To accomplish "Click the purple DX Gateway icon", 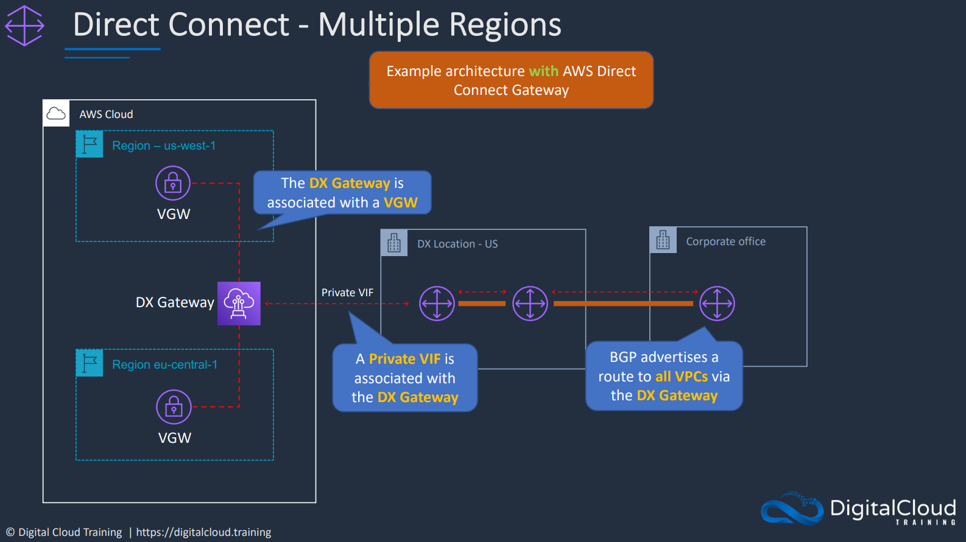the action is (x=239, y=304).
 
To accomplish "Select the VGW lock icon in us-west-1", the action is (x=173, y=183).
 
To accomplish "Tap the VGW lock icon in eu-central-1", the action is (x=174, y=407).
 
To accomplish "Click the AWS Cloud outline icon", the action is (x=56, y=114).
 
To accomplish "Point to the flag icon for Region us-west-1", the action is (x=90, y=144).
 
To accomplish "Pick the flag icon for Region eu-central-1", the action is (x=90, y=363).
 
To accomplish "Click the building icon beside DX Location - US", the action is (x=393, y=243).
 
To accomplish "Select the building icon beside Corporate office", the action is (x=663, y=240).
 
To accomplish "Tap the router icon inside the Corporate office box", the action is (x=717, y=304).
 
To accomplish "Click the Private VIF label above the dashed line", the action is (x=347, y=293).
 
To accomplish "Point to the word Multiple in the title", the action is (x=379, y=25).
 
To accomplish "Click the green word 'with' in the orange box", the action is (x=543, y=71).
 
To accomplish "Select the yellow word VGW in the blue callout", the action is (x=401, y=203).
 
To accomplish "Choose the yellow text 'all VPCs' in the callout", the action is (x=682, y=376).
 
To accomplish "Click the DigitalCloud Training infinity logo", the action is (x=792, y=509).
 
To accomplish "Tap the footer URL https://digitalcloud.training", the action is (x=203, y=532).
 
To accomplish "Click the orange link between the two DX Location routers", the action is (x=482, y=304).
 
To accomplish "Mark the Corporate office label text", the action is (x=726, y=241).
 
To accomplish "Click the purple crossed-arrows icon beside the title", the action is (x=24, y=26).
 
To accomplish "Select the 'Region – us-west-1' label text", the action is (x=164, y=145).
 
